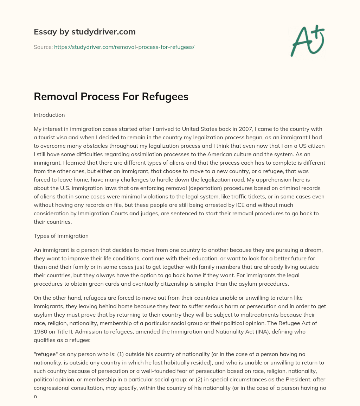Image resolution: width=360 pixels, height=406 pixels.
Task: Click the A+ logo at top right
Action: click(307, 41)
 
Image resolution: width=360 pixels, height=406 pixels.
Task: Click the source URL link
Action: click(124, 47)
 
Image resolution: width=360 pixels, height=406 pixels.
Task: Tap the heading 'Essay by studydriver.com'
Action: click(84, 32)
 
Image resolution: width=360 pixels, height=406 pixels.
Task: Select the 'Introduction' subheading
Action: click(49, 115)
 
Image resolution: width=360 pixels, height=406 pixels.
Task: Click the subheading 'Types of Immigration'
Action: click(61, 236)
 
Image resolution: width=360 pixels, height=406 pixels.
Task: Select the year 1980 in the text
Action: click(41, 331)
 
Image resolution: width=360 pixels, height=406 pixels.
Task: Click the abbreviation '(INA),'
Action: click(259, 331)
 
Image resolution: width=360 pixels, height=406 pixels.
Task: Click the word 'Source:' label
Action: click(43, 47)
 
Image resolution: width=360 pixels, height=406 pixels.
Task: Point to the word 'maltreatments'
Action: click(263, 315)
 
